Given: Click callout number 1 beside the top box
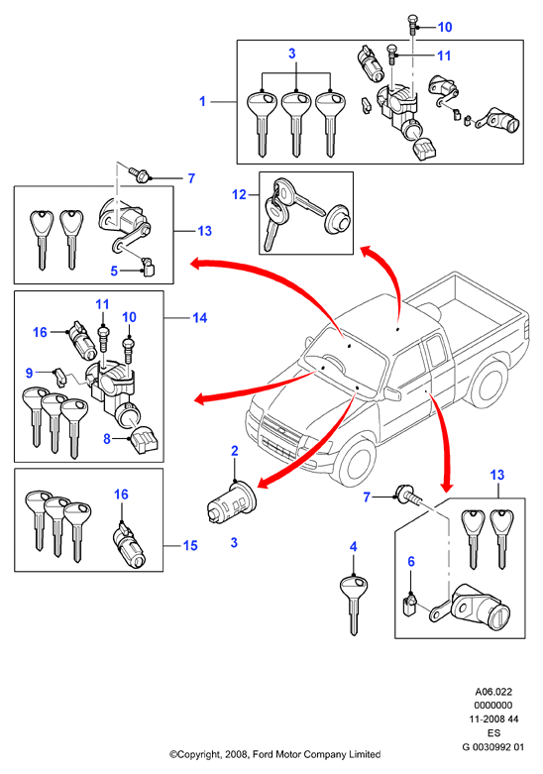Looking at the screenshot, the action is pos(202,101).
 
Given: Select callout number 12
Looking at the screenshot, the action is pos(239,195).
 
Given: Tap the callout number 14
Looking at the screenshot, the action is pos(200,317).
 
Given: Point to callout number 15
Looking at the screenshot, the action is pos(190,545).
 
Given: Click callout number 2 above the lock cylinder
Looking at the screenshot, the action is pos(235,451).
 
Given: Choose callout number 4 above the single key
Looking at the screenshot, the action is pos(354,547).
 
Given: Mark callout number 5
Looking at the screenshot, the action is pos(114,271).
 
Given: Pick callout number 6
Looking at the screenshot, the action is pos(411,561).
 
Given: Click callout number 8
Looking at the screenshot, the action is pos(107,438).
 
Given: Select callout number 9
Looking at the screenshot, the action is pos(29,373).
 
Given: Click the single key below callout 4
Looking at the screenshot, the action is pos(354,605).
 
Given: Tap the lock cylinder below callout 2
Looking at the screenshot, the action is pos(231,502).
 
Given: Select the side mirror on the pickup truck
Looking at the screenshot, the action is pos(391,393).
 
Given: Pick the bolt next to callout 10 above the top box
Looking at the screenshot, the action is pos(412,24).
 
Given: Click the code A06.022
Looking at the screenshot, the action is pos(493,692).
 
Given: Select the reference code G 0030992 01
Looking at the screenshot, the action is pos(493,747).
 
